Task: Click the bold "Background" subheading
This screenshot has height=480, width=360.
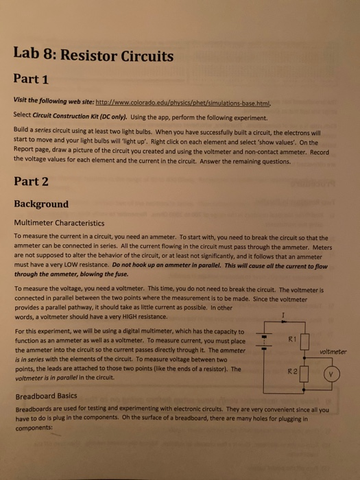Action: click(x=41, y=204)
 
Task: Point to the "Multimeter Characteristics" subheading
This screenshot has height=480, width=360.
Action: click(x=63, y=223)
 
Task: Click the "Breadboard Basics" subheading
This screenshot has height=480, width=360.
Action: click(x=45, y=396)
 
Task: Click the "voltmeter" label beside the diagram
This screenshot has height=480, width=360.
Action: click(x=334, y=352)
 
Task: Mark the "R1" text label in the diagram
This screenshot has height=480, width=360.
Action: click(x=291, y=339)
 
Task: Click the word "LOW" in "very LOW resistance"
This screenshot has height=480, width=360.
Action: click(x=82, y=261)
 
